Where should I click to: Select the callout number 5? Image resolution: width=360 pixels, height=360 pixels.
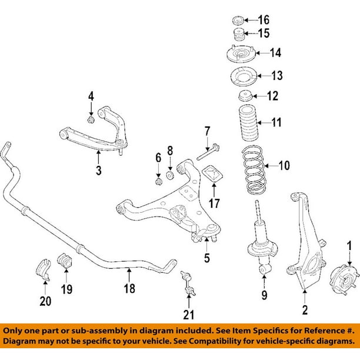tap(206, 258)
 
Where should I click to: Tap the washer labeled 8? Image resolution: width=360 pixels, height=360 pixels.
tap(170, 175)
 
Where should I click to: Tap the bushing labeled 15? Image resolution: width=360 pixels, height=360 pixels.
tap(238, 34)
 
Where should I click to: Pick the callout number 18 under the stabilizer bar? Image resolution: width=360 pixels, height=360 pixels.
tap(129, 288)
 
